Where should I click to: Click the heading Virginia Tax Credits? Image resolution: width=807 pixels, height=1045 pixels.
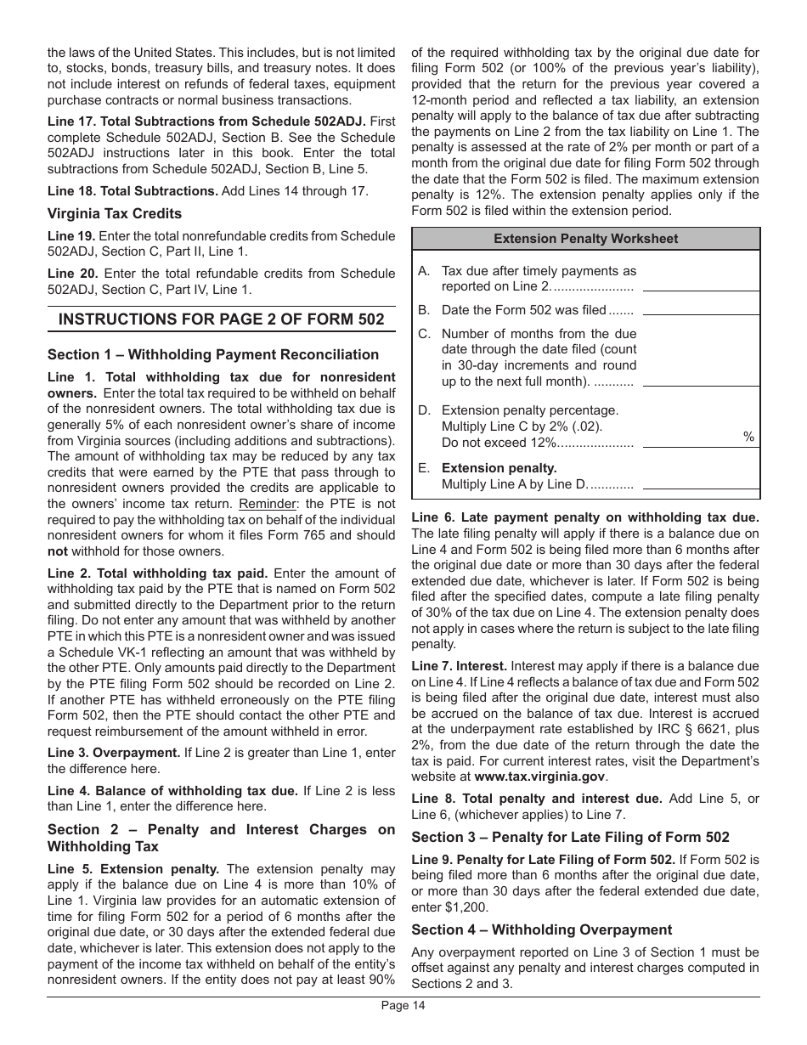pyautogui.click(x=115, y=214)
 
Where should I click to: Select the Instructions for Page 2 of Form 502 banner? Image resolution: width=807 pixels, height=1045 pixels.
pyautogui.click(x=221, y=319)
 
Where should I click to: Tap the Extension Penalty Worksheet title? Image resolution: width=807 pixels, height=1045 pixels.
pyautogui.click(x=585, y=239)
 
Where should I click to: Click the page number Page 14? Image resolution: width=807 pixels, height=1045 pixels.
pyautogui.click(x=403, y=1006)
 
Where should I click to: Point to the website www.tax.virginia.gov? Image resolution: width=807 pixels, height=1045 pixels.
pyautogui.click(x=540, y=777)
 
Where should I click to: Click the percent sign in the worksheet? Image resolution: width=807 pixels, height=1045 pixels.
pyautogui.click(x=748, y=437)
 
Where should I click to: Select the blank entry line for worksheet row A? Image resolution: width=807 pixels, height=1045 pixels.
pyautogui.click(x=701, y=290)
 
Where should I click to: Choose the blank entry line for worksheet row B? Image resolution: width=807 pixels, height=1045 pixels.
pyautogui.click(x=701, y=313)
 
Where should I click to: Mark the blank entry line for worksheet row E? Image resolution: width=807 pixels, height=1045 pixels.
pyautogui.click(x=701, y=488)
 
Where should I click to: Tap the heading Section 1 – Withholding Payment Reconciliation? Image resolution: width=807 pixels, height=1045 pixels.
pyautogui.click(x=213, y=355)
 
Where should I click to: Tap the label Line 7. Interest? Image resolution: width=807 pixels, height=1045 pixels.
pyautogui.click(x=459, y=666)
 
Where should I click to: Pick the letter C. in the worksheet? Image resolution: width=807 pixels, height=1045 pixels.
pyautogui.click(x=424, y=334)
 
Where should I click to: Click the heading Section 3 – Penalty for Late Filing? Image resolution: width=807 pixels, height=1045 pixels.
pyautogui.click(x=570, y=837)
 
